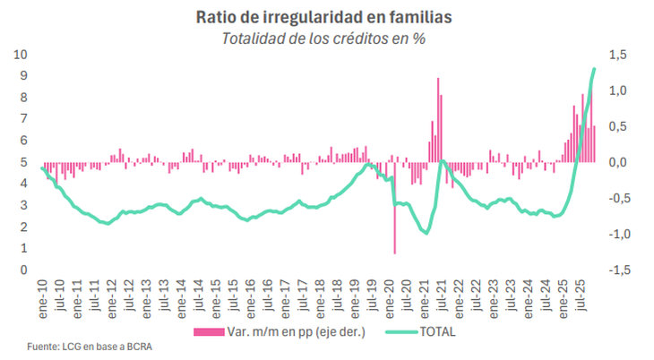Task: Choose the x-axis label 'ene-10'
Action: coord(42,299)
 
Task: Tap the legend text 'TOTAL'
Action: coord(436,332)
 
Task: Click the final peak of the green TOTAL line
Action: coord(594,69)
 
